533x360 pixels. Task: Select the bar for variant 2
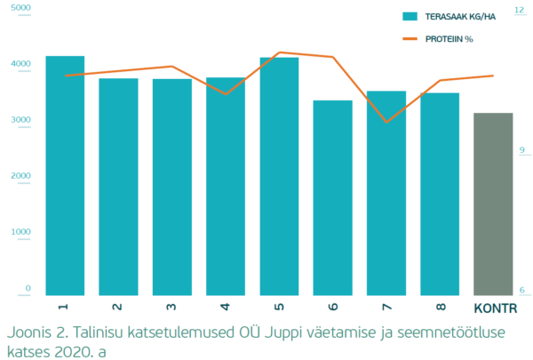tap(118, 187)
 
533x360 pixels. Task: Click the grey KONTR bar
tap(493, 204)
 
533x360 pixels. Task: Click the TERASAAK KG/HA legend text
tap(462, 16)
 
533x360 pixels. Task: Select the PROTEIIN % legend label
tap(449, 39)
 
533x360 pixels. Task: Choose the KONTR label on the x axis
tap(493, 308)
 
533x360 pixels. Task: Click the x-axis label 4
tap(225, 307)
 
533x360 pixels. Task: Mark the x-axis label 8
tap(440, 307)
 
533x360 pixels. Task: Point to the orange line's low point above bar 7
tap(385, 121)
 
